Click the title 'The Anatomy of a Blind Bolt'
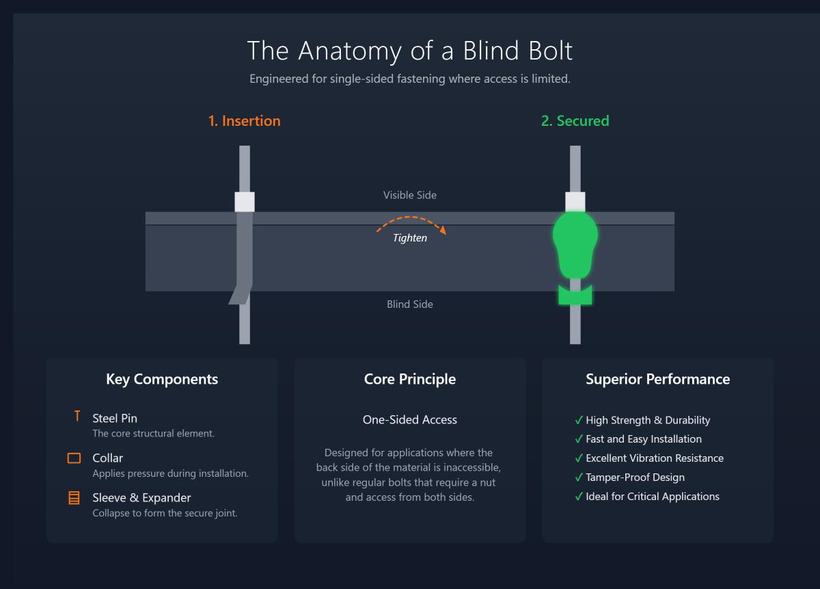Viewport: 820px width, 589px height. click(409, 51)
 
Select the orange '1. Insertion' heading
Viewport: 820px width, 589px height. click(244, 121)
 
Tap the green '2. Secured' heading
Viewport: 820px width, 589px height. click(575, 121)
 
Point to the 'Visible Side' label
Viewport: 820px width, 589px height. click(409, 196)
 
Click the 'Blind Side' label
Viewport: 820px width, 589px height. click(409, 304)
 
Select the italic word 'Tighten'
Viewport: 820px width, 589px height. click(409, 238)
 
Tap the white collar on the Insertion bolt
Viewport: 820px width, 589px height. click(245, 202)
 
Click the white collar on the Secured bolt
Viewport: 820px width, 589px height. click(575, 202)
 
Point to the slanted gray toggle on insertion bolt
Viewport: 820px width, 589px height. click(239, 294)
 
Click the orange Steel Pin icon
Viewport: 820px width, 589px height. click(77, 417)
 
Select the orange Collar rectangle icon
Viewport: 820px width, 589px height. click(74, 458)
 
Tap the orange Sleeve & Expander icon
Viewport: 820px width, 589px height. click(74, 498)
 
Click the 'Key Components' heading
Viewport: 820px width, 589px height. click(162, 380)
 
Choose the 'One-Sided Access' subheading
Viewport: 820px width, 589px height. click(409, 420)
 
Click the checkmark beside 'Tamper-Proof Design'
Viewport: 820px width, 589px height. click(579, 477)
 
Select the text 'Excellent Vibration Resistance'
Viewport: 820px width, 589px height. click(654, 458)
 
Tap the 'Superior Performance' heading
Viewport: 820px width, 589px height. click(657, 380)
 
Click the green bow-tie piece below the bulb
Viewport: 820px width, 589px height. click(575, 295)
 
